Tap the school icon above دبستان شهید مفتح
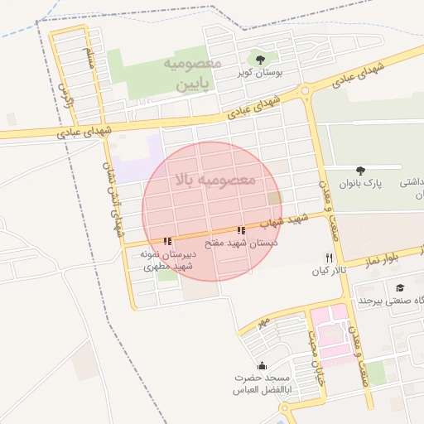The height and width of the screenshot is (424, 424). [x=240, y=230]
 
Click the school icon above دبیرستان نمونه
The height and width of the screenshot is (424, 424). [x=168, y=241]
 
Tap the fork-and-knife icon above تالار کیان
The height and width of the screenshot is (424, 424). [x=330, y=258]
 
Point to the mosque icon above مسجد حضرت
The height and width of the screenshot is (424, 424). [x=263, y=366]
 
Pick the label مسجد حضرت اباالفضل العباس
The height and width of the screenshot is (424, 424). [x=263, y=386]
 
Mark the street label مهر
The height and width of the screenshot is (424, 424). [x=263, y=320]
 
